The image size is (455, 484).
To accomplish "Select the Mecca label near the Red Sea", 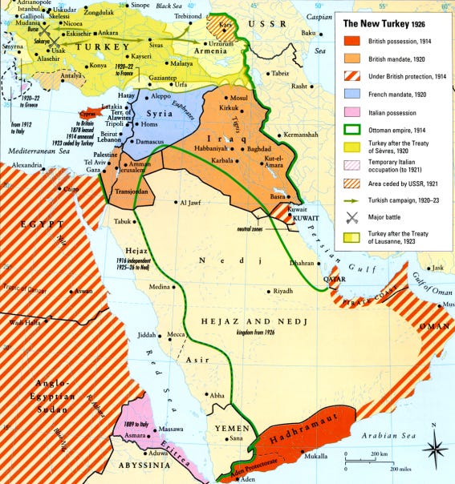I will tap(199, 336).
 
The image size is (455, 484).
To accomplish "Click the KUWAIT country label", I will tap(286, 218).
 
